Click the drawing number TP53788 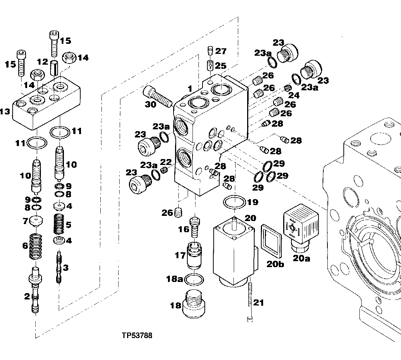pyautogui.click(x=137, y=336)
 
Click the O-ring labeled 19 pyautogui.click(x=235, y=203)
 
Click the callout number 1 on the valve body pyautogui.click(x=190, y=89)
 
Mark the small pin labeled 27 pyautogui.click(x=210, y=51)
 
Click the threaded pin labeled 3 pyautogui.click(x=59, y=267)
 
